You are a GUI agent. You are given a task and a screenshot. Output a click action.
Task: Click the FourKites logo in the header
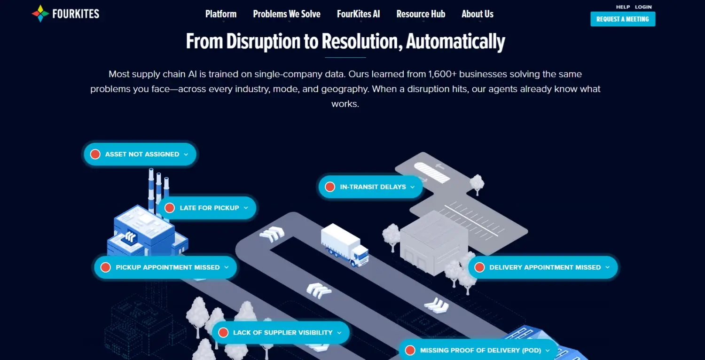65,14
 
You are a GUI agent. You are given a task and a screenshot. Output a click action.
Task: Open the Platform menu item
221,14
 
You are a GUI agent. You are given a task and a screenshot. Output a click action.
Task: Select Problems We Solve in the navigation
287,14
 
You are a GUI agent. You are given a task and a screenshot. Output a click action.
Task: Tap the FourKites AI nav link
358,14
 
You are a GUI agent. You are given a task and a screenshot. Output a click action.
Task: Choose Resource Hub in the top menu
421,14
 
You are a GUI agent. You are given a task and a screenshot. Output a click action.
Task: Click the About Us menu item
478,14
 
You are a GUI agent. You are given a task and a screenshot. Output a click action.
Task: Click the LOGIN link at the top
643,7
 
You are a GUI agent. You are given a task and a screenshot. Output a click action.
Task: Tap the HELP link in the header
623,7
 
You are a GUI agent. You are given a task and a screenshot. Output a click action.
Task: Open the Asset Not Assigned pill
140,154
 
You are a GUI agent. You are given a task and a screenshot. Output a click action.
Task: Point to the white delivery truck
345,244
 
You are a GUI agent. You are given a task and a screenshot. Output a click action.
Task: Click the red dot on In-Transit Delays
330,187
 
